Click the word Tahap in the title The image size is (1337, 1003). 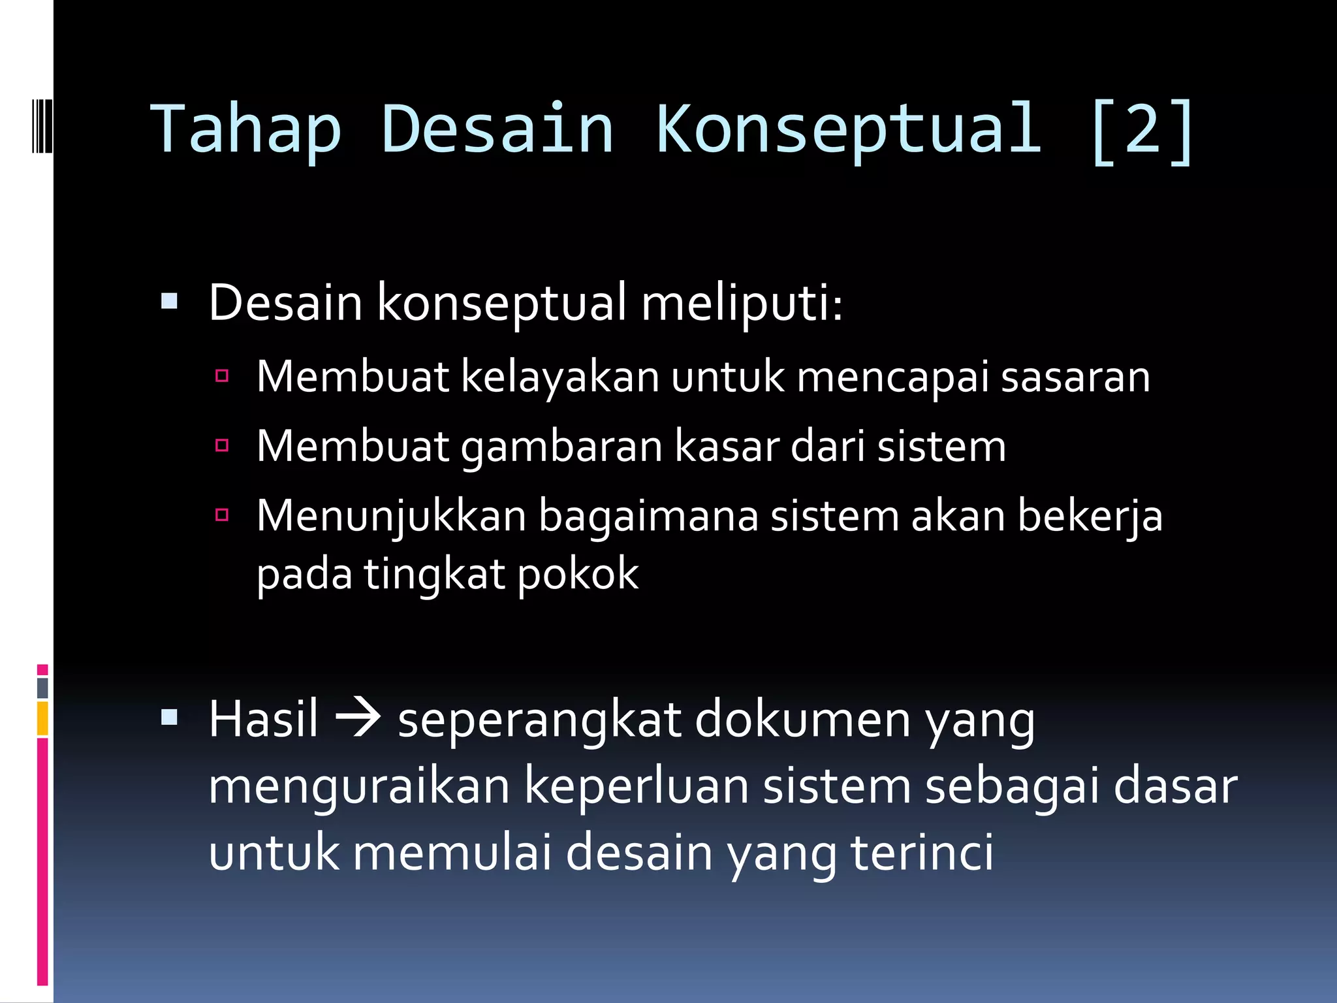(x=246, y=131)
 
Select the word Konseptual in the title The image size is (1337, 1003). (x=848, y=131)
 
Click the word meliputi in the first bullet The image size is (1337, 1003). (x=742, y=304)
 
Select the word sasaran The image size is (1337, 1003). (x=1075, y=377)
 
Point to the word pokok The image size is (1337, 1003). (x=578, y=575)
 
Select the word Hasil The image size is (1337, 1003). (x=263, y=719)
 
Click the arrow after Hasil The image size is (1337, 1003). (x=357, y=718)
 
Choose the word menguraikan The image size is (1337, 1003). (x=359, y=787)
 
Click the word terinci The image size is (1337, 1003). (x=922, y=853)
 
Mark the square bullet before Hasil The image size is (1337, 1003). (x=169, y=717)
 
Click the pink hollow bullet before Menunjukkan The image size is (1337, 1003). (x=222, y=515)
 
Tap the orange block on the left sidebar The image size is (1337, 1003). (x=42, y=718)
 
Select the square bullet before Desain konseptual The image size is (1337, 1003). (x=169, y=301)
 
